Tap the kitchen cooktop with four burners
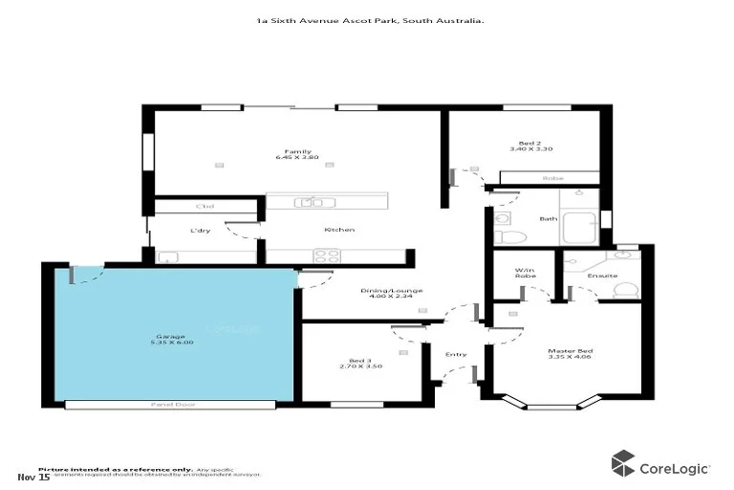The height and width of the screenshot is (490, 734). click(x=326, y=256)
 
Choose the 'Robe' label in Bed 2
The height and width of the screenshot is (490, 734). click(x=552, y=179)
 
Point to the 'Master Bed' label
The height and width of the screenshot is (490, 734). click(x=565, y=355)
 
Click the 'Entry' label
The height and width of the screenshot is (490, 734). click(x=456, y=355)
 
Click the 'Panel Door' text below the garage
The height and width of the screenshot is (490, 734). click(x=167, y=405)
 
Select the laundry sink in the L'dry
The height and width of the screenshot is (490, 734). click(x=167, y=256)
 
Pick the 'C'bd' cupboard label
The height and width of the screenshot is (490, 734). click(x=204, y=207)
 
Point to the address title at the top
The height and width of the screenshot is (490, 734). click(x=368, y=20)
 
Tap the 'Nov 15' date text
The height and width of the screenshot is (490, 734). click(x=33, y=476)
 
